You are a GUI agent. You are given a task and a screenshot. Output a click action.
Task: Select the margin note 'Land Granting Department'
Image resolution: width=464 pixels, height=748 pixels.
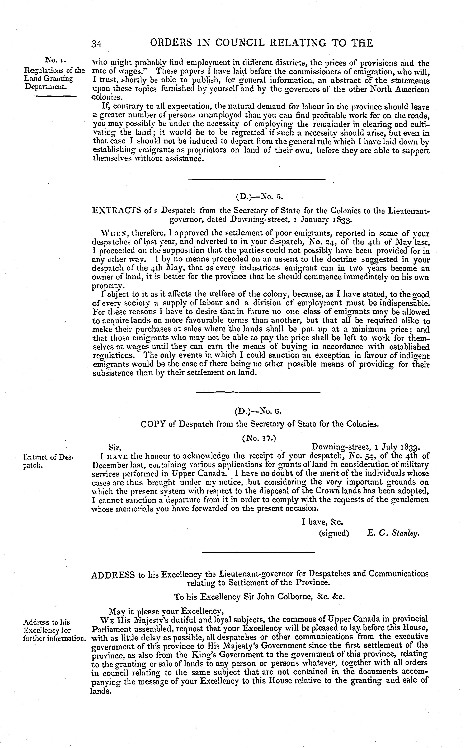tap(49, 83)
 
